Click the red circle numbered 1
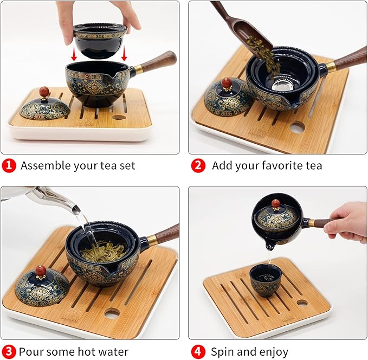[9, 165]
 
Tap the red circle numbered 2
[198, 165]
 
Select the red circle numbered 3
[9, 352]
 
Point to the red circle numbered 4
[198, 352]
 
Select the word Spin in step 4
[222, 352]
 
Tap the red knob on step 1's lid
[44, 92]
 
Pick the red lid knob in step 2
[227, 83]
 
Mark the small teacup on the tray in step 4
[266, 280]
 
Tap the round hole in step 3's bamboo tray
[112, 313]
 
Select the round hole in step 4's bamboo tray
[301, 302]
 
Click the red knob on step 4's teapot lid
[276, 203]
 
